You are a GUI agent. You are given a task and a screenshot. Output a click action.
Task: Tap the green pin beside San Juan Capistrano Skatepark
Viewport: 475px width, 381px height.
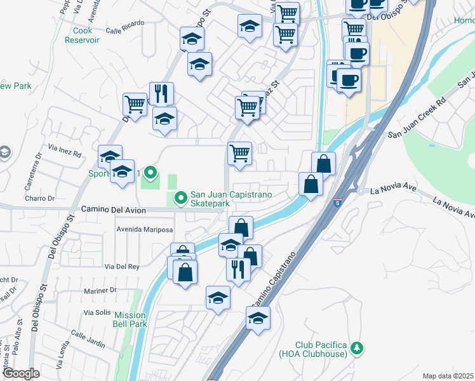[x=180, y=199]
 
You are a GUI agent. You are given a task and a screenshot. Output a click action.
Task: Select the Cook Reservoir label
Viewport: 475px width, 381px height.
[x=82, y=35]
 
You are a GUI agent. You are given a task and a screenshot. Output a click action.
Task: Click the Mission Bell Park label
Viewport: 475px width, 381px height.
[x=130, y=319]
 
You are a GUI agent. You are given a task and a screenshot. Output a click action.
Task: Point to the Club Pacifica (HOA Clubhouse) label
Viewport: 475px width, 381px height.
[x=312, y=349]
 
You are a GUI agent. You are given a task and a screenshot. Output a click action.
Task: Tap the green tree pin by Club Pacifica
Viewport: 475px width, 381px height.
[x=357, y=347]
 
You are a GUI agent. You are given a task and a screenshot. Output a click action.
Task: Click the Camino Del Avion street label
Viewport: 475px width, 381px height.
[x=114, y=210]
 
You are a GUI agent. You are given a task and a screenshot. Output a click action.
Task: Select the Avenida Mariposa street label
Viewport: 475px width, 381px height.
[x=144, y=229]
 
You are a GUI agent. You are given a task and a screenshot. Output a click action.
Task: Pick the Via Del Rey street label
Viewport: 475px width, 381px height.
[x=122, y=267]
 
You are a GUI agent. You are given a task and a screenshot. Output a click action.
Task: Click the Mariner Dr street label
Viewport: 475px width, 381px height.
[x=100, y=290]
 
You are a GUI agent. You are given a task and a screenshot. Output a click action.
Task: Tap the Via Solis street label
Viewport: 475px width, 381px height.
[x=98, y=313]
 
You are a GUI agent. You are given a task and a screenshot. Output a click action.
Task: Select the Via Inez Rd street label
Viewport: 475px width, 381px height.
[x=64, y=154]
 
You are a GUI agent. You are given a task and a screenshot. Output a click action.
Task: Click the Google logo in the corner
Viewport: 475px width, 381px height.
[x=21, y=373]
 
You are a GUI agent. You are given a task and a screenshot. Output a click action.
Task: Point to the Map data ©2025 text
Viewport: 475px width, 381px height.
[x=448, y=376]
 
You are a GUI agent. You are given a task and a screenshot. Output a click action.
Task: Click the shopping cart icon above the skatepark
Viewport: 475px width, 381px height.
[x=239, y=153]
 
